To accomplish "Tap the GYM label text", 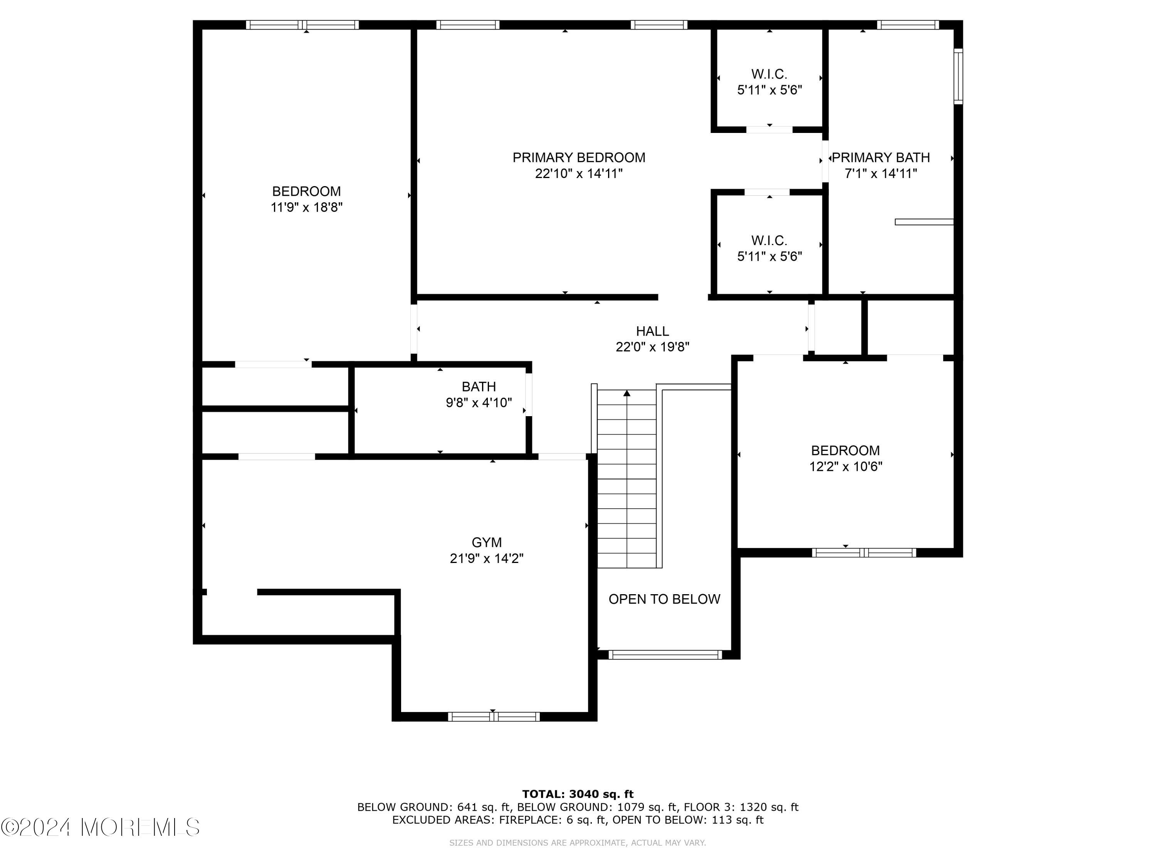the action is click(487, 543).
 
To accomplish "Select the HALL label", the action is click(652, 331).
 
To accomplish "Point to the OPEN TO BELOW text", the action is click(664, 599).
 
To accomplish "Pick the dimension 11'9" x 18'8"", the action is click(306, 207).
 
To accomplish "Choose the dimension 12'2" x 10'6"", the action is click(845, 466).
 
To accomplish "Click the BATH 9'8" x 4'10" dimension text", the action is click(479, 402).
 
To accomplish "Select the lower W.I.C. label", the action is click(769, 240).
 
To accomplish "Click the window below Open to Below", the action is click(665, 654).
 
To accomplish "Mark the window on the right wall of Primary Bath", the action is click(958, 76).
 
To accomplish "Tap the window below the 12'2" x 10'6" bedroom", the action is click(864, 553).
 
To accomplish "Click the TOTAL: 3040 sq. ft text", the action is click(578, 794).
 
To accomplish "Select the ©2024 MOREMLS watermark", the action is click(100, 827).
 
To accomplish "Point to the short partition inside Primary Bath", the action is click(924, 222).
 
